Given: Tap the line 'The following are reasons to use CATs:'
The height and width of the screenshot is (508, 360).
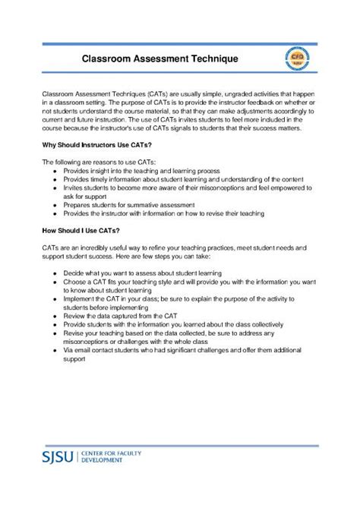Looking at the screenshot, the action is click(x=98, y=162).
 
